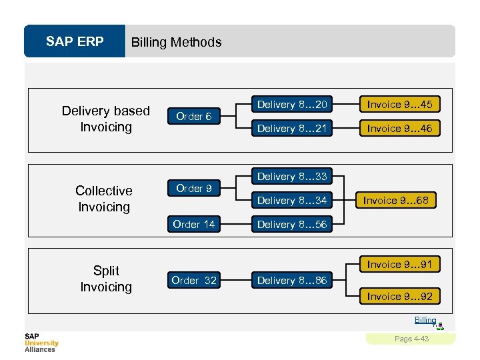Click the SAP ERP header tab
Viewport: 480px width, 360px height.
pyautogui.click(x=75, y=42)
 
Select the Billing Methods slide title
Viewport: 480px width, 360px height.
pyautogui.click(x=176, y=43)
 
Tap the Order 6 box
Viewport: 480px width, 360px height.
pyautogui.click(x=193, y=116)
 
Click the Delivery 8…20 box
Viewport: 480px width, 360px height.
pyautogui.click(x=292, y=105)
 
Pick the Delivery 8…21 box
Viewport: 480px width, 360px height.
pyautogui.click(x=292, y=128)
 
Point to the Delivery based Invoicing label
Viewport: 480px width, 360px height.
pyautogui.click(x=105, y=119)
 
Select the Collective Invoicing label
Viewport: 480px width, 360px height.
pyautogui.click(x=104, y=199)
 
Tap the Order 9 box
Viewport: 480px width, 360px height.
pyautogui.click(x=193, y=189)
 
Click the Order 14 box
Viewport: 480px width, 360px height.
pyautogui.click(x=193, y=224)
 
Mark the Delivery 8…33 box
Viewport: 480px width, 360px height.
pyautogui.click(x=292, y=177)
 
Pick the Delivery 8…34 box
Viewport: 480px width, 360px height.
pyautogui.click(x=292, y=200)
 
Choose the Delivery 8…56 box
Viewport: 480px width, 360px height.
pyautogui.click(x=292, y=224)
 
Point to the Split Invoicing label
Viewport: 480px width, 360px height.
pyautogui.click(x=106, y=279)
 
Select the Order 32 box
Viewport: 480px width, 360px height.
pyautogui.click(x=193, y=281)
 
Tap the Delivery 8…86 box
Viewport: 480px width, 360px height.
pyautogui.click(x=292, y=281)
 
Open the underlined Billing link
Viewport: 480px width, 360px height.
pyautogui.click(x=425, y=320)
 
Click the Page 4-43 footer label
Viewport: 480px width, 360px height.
pyautogui.click(x=411, y=339)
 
